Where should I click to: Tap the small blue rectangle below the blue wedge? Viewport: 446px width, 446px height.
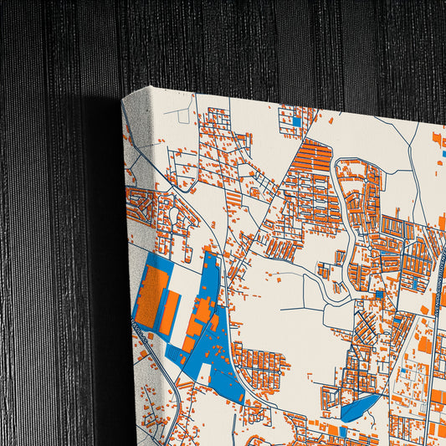point(343,432)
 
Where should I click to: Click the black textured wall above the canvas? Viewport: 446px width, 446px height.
point(251,42)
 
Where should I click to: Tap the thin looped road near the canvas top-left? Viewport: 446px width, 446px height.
point(177,114)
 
